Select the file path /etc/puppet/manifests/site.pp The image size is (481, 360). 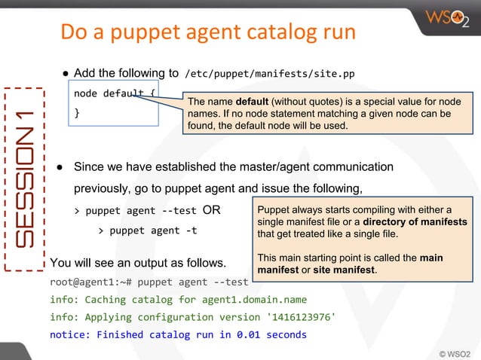pyautogui.click(x=269, y=74)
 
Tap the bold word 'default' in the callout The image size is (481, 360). pyautogui.click(x=252, y=102)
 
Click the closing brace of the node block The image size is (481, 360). pyautogui.click(x=76, y=114)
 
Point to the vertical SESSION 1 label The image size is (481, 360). pyautogui.click(x=25, y=178)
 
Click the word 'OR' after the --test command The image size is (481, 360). pyautogui.click(x=212, y=210)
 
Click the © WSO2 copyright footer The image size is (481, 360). pyautogui.click(x=455, y=352)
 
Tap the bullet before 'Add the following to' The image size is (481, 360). pyautogui.click(x=66, y=74)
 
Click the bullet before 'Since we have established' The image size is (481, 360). pyautogui.click(x=58, y=166)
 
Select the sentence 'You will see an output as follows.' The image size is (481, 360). pyautogui.click(x=138, y=264)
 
